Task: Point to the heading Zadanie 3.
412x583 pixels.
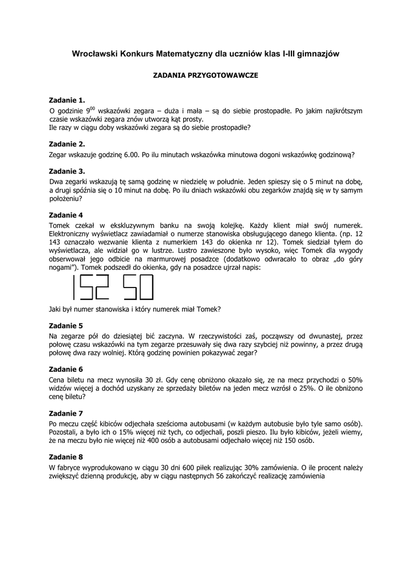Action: click(x=67, y=171)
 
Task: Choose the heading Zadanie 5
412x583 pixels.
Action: click(x=65, y=326)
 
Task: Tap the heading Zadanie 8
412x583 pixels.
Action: click(x=65, y=456)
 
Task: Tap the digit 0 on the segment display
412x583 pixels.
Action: click(x=146, y=288)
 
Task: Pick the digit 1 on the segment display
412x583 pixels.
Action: click(x=73, y=288)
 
